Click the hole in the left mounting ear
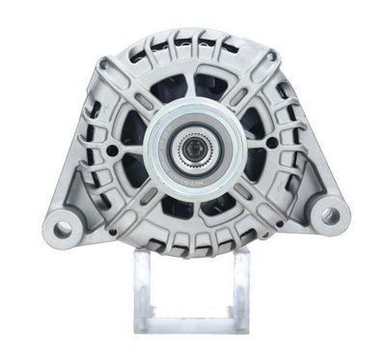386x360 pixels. pyautogui.click(x=64, y=229)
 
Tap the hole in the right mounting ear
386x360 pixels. pyautogui.click(x=331, y=215)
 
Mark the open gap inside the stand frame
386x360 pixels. pyautogui.click(x=194, y=290)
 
